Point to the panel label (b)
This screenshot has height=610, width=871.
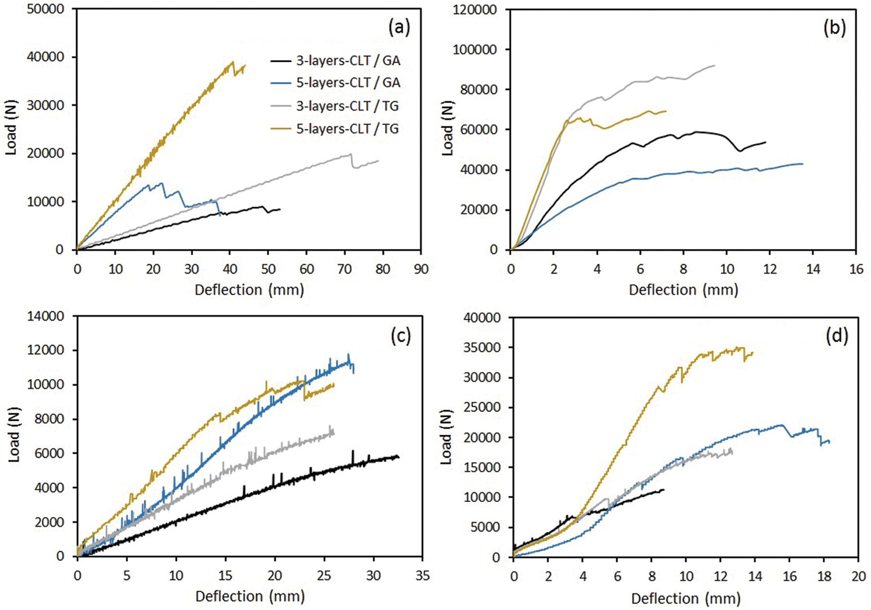[834, 28]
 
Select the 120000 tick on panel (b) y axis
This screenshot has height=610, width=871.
[475, 9]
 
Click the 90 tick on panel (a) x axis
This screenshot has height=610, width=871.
[421, 269]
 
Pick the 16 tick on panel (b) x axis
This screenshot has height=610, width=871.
[856, 269]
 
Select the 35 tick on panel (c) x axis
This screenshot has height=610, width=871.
[422, 576]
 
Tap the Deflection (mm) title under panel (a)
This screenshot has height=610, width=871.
[249, 290]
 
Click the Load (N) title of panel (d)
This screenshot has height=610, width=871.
[446, 437]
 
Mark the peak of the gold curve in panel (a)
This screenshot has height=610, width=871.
[232, 62]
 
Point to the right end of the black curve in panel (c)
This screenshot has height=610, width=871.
[399, 457]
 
